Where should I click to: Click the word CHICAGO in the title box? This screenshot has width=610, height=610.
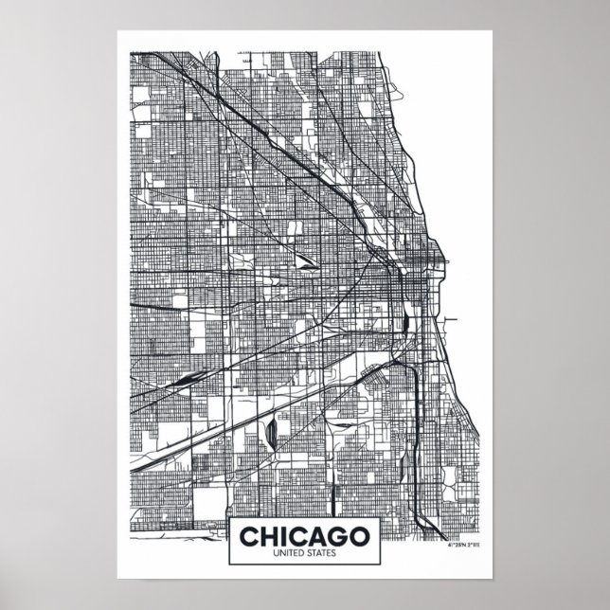click(x=304, y=534)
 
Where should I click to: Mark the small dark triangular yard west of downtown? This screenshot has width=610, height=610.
click(x=305, y=257)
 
